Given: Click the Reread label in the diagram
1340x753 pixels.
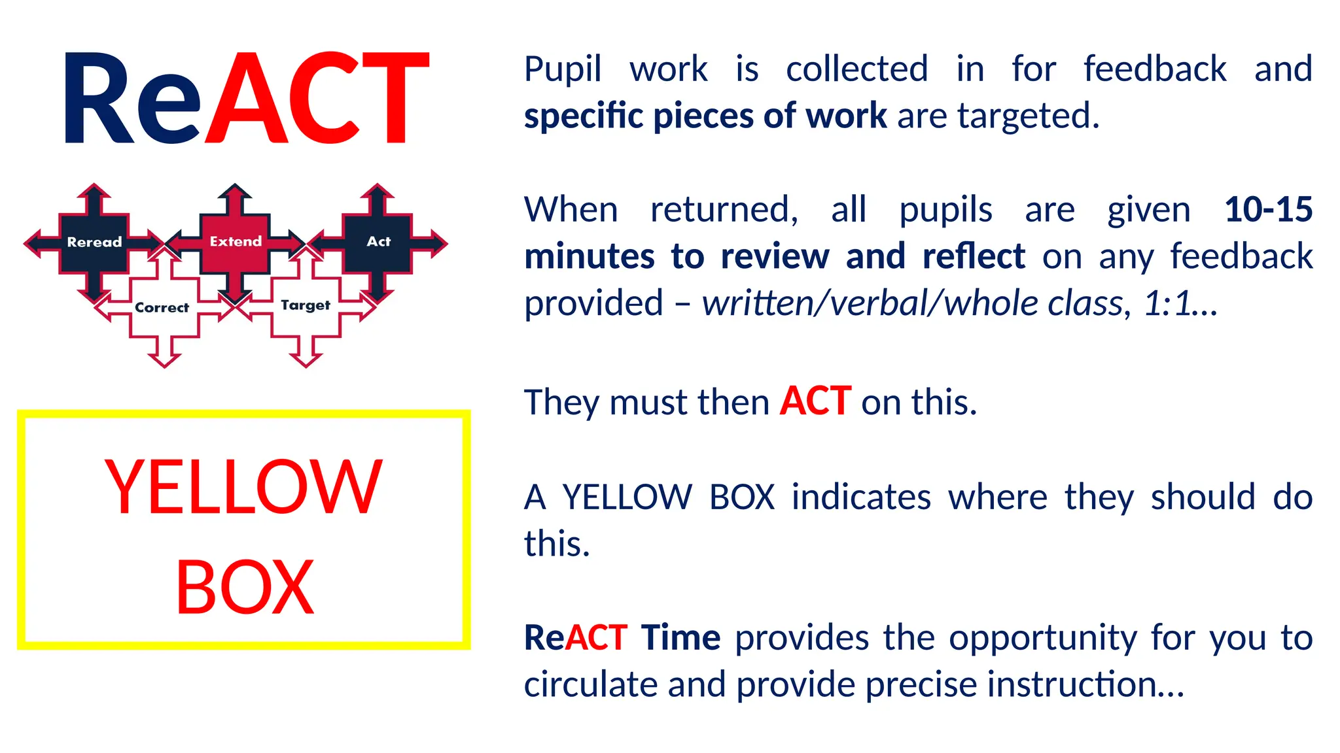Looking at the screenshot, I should click(x=94, y=242).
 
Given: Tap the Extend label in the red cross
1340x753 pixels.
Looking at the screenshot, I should click(x=236, y=241).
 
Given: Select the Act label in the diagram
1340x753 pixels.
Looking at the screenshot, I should click(x=378, y=241).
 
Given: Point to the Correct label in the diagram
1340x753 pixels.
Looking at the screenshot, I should click(x=162, y=307).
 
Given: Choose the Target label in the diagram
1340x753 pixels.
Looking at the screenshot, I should click(x=306, y=305).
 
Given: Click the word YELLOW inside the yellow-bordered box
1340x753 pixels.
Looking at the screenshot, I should click(x=243, y=487).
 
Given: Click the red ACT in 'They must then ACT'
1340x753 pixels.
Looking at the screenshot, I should click(x=815, y=401).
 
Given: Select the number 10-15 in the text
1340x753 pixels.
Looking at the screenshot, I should click(x=1268, y=210).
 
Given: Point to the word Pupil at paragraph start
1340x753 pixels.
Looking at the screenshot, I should click(x=563, y=69).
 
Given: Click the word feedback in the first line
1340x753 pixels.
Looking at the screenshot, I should click(x=1155, y=69).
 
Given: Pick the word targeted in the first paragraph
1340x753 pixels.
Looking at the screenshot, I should click(x=1028, y=116).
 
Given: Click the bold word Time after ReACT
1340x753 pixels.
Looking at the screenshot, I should click(x=680, y=638).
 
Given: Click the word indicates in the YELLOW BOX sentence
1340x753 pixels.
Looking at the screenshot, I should click(x=861, y=497).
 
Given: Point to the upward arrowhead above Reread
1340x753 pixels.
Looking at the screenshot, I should click(x=94, y=190).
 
